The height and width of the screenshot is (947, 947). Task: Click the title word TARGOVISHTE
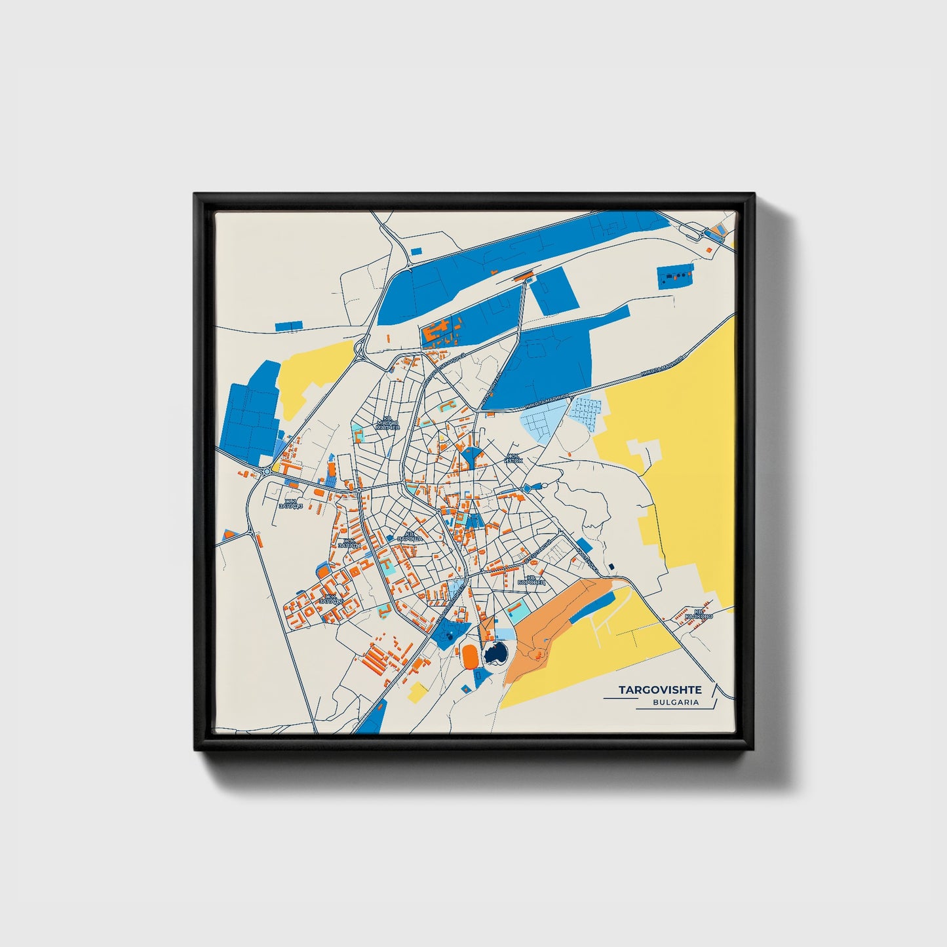tap(660, 690)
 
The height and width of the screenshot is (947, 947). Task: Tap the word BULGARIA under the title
tap(676, 702)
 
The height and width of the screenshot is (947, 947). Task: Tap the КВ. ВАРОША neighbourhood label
tap(410, 536)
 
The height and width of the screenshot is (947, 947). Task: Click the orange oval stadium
tap(469, 655)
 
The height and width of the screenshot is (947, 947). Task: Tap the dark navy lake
tap(495, 654)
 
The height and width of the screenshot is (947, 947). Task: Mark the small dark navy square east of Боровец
tap(611, 566)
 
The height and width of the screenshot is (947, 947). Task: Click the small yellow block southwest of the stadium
tap(416, 691)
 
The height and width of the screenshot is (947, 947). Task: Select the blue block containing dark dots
tap(675, 276)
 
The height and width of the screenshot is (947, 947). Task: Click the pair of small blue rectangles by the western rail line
tap(288, 325)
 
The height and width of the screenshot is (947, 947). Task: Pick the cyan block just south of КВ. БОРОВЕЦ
tap(517, 613)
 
